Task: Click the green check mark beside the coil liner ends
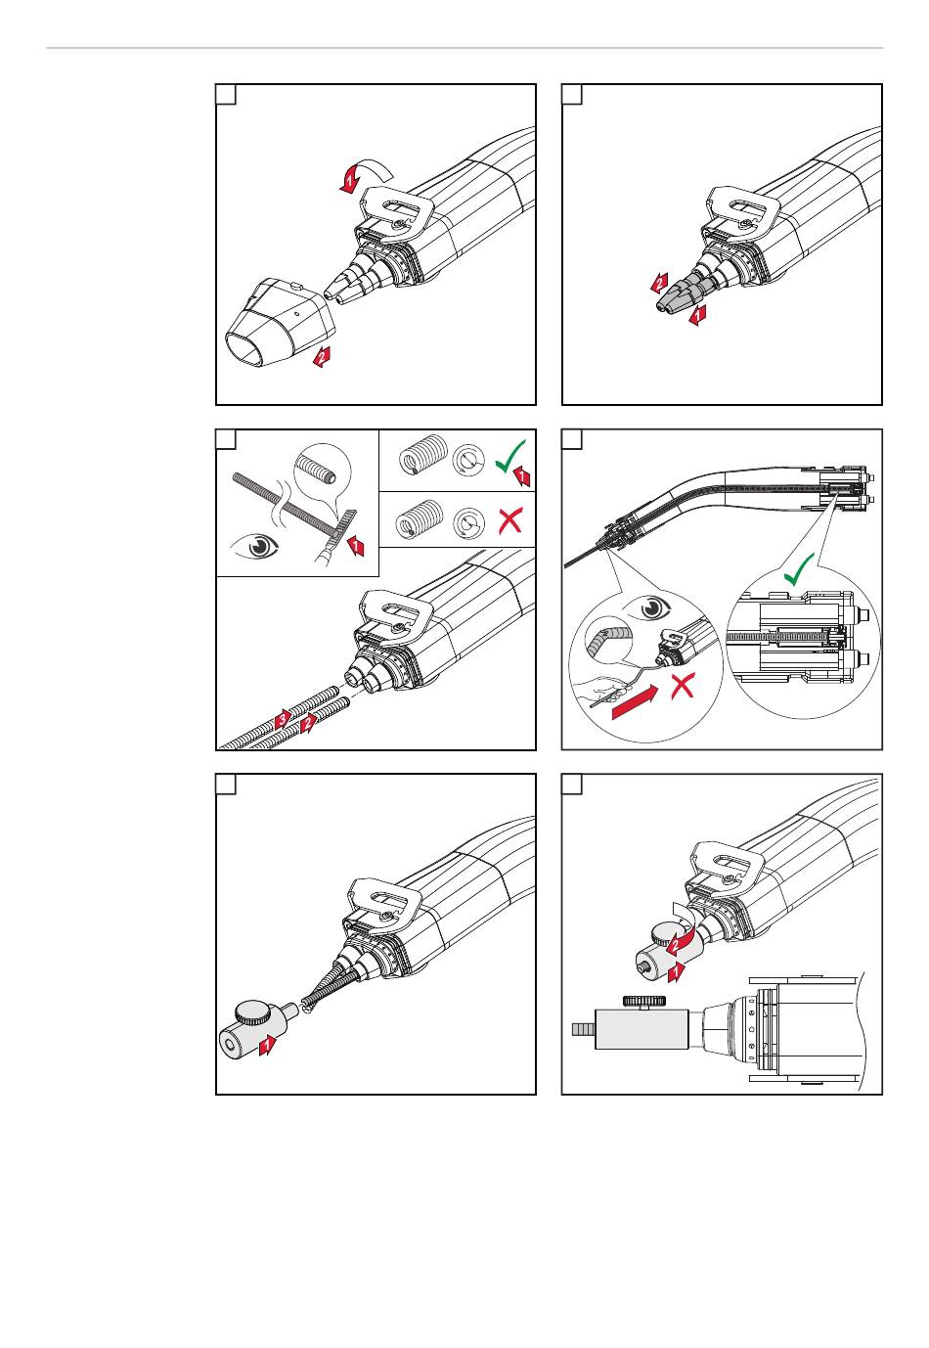509,456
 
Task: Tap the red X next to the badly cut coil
509,520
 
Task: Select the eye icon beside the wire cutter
258,546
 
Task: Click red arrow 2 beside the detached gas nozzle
322,357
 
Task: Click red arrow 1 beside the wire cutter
356,544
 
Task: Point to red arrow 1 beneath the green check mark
522,477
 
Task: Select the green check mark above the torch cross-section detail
799,568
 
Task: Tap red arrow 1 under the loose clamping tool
266,1046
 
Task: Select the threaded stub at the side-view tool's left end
583,1029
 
